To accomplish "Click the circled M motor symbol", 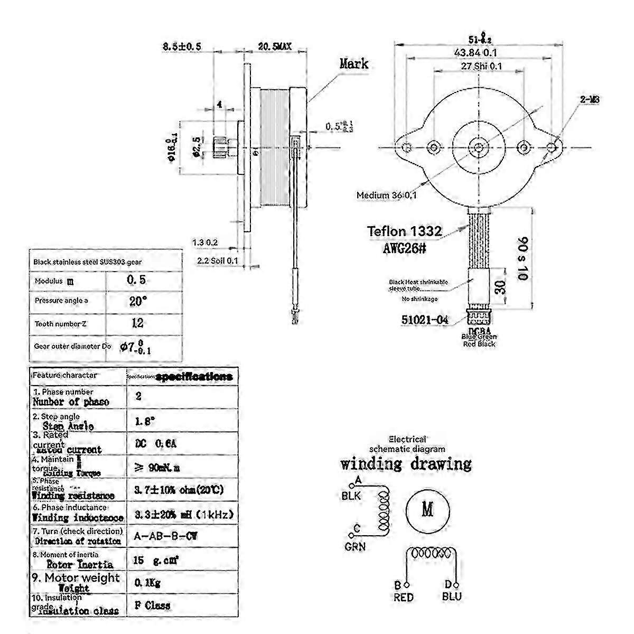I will coord(427,510).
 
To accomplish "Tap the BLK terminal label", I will coord(351,496).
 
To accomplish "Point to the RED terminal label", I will coord(404,597).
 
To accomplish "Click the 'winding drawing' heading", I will coord(406,464).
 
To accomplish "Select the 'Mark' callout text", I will coord(353,64).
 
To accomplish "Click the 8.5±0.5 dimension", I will coord(182,47).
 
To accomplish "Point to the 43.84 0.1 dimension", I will coord(479,52).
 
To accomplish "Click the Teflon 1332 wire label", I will coord(405,230).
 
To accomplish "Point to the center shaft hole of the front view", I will coord(478,147).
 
